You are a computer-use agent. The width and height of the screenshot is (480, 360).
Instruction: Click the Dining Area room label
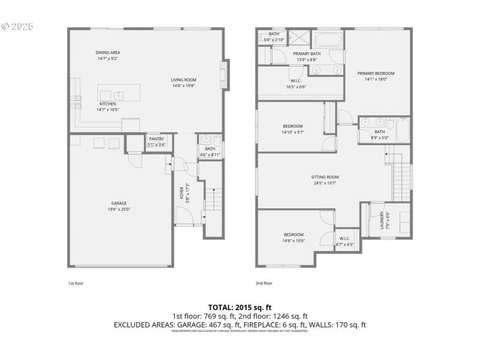[x=107, y=56]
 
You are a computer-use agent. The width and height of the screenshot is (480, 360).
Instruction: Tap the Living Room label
[x=183, y=83]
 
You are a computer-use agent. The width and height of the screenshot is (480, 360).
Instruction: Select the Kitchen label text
[x=107, y=107]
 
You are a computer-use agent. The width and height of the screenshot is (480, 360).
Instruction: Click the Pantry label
[x=156, y=142]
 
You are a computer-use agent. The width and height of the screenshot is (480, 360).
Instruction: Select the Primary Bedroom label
[x=376, y=76]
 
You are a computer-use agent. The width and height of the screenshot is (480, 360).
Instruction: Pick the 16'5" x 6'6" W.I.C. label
[x=296, y=84]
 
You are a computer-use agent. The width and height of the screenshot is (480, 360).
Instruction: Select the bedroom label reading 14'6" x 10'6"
[x=293, y=237]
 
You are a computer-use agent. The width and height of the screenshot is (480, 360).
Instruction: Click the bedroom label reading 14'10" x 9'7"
[x=293, y=129]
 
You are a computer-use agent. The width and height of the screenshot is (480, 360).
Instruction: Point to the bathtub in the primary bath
[x=328, y=42]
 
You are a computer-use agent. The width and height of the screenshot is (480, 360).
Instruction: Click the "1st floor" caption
[x=76, y=283]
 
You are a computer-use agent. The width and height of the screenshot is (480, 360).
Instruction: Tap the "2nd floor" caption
[x=264, y=283]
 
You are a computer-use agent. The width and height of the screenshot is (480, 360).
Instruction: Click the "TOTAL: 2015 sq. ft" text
[x=239, y=307]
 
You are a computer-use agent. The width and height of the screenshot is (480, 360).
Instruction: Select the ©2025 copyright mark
[x=17, y=26]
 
